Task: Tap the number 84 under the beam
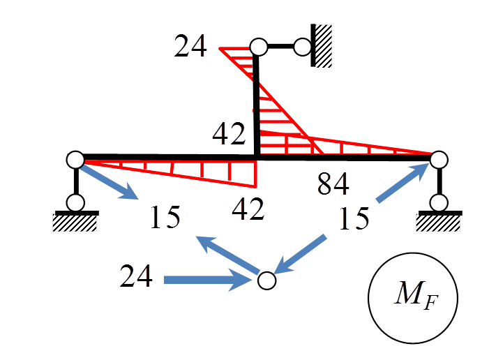pyautogui.click(x=333, y=184)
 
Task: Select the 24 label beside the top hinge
pyautogui.click(x=190, y=47)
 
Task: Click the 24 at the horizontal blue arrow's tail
pyautogui.click(x=136, y=278)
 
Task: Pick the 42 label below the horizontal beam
pyautogui.click(x=248, y=209)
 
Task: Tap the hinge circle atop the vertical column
pyautogui.click(x=259, y=47)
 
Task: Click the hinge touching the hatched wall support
pyautogui.click(x=303, y=47)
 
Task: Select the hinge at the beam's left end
pyautogui.click(x=75, y=160)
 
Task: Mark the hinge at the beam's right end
pyautogui.click(x=439, y=160)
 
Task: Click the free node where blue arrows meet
pyautogui.click(x=266, y=280)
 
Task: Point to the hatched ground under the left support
pyautogui.click(x=75, y=222)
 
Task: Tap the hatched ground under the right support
pyautogui.click(x=439, y=222)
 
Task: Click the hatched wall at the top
pyautogui.click(x=322, y=45)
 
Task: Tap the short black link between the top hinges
pyautogui.click(x=280, y=47)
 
